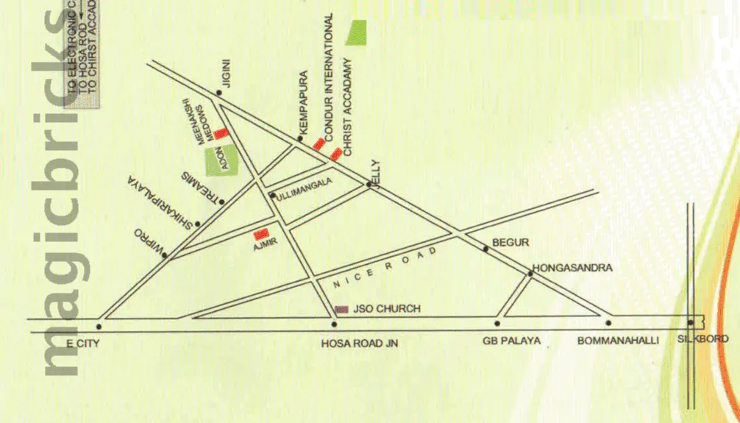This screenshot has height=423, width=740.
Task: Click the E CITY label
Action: click(82, 342)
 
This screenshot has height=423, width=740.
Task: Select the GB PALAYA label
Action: click(512, 341)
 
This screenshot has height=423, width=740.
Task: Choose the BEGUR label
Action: click(510, 242)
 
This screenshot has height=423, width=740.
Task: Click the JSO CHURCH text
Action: click(388, 309)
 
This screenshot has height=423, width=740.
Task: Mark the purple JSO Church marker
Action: click(342, 309)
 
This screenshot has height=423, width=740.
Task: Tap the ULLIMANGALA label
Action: click(305, 188)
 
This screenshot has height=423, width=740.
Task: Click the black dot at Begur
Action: click(485, 249)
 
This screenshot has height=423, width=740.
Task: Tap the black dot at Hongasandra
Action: click(530, 274)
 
